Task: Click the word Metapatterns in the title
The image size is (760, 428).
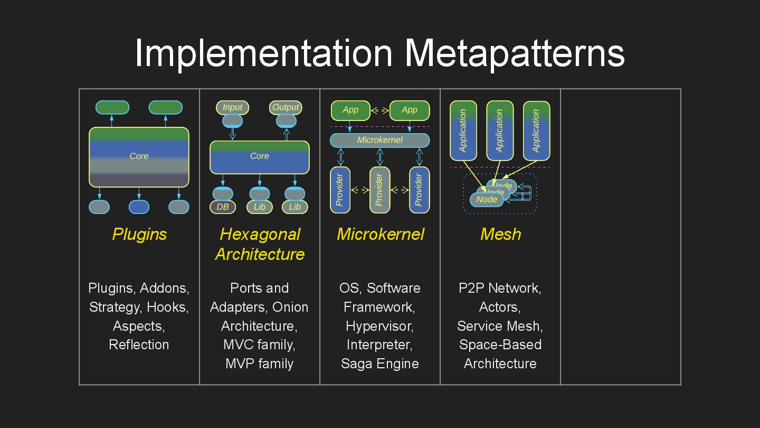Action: tap(515, 53)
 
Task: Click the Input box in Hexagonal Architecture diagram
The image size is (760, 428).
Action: tap(232, 107)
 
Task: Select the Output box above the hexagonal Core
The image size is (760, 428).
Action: tap(286, 107)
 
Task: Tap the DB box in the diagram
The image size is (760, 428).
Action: tap(223, 207)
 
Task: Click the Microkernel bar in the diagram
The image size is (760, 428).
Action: tap(379, 140)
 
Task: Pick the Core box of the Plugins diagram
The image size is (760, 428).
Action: tap(139, 157)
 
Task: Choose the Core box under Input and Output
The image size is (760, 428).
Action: tap(259, 157)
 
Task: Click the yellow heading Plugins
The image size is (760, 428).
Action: tap(139, 234)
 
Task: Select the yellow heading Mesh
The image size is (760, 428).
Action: tap(500, 234)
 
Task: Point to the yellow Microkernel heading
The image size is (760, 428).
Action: tap(380, 234)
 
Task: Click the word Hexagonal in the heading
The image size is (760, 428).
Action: tap(260, 234)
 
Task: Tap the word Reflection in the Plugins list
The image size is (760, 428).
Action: tap(139, 345)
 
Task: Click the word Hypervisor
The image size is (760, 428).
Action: tap(379, 326)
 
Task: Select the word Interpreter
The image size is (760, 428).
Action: tap(379, 345)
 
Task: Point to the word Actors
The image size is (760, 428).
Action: tap(499, 307)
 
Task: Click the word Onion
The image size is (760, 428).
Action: tap(290, 307)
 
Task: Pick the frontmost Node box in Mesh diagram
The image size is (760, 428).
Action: tap(486, 200)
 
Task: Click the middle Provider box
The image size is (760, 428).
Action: tap(379, 190)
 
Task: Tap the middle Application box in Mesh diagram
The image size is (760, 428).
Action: tap(500, 131)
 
